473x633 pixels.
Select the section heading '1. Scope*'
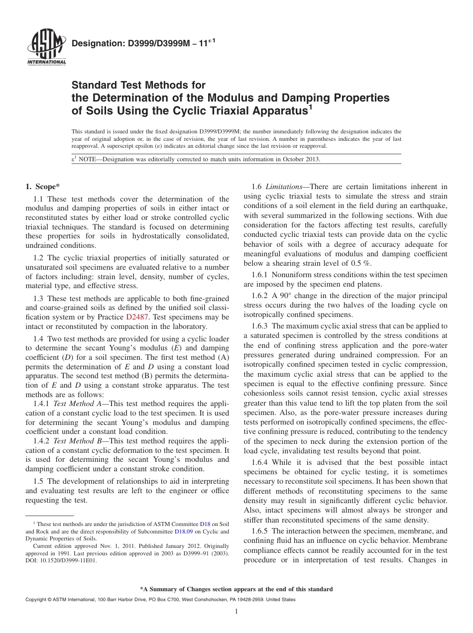(42, 187)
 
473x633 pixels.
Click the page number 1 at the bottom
(236, 612)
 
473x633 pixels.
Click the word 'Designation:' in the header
(95, 44)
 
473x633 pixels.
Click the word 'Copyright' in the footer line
(37, 600)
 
